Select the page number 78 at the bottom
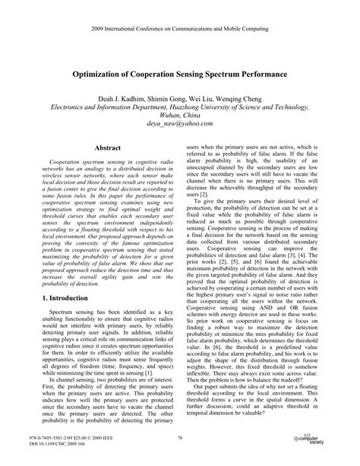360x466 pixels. (180, 438)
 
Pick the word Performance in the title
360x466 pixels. (256, 77)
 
